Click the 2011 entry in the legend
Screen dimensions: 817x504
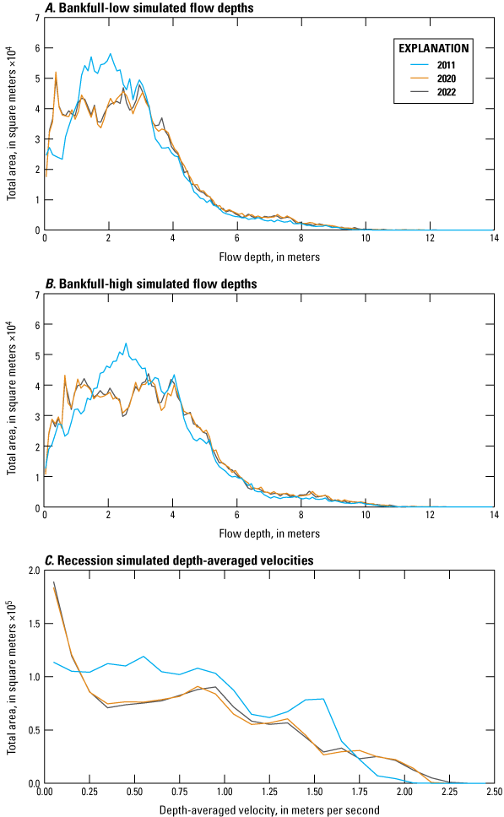(449, 65)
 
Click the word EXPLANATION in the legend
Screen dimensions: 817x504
(430, 48)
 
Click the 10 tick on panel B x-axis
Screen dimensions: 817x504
(365, 517)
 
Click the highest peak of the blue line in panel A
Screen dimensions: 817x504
(110, 54)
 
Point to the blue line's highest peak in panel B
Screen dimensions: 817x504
(126, 344)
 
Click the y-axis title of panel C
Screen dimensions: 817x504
(12, 677)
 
